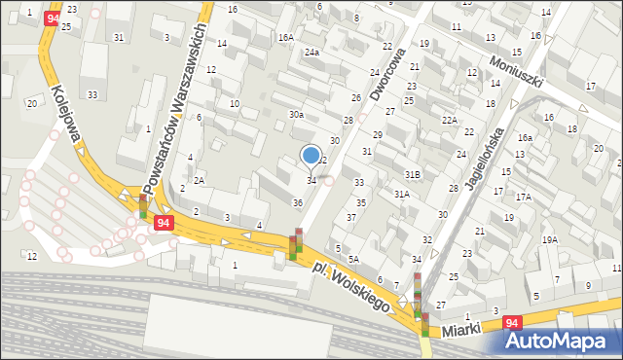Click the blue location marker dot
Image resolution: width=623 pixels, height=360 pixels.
point(311,155)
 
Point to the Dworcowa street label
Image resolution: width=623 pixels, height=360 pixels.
point(386,74)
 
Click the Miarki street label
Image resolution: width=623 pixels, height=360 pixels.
point(460,332)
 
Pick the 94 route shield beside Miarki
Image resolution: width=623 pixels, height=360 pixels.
point(514,322)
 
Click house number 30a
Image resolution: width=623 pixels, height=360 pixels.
point(296,115)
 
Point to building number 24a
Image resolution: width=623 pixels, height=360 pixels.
point(311,52)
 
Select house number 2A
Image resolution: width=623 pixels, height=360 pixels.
point(199,180)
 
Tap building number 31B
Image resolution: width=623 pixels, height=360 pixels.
point(413,174)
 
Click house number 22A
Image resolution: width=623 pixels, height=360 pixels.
point(449,120)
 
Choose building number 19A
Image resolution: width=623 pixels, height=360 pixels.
point(550,239)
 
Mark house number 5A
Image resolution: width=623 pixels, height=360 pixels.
point(354,259)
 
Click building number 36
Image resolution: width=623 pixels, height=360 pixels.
point(298,202)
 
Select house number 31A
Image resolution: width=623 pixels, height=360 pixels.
point(400,194)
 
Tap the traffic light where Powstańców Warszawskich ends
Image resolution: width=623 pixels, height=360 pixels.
point(143,206)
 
